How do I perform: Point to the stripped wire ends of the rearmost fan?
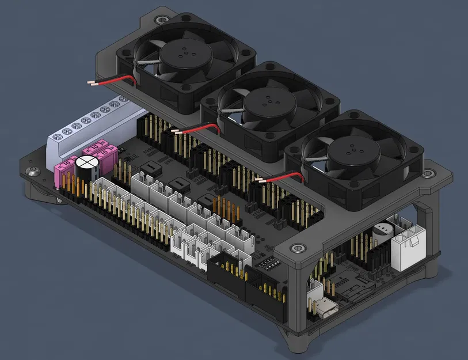pos(93,83)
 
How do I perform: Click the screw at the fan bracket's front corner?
pos(298,248)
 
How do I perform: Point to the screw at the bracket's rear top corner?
pos(159,20)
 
